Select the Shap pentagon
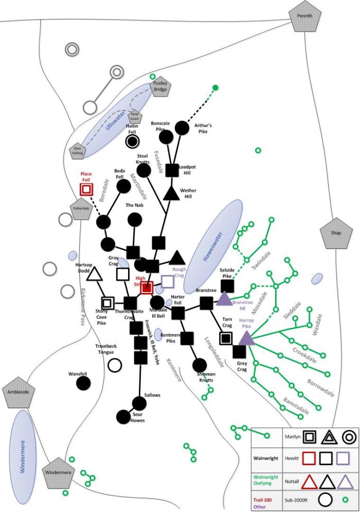335,232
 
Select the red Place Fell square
86,189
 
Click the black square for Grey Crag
239,352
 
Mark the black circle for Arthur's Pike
182,126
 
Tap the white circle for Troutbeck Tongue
115,365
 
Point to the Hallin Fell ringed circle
133,141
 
